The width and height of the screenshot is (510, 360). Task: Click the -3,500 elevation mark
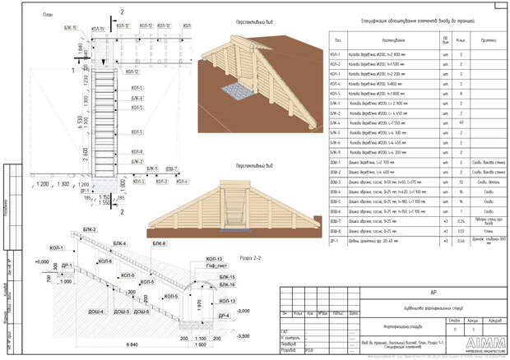(x=243, y=337)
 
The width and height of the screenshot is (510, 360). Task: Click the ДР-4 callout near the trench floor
(x=223, y=315)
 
